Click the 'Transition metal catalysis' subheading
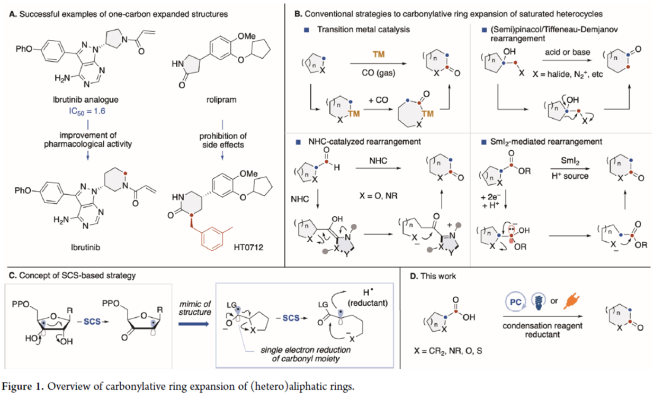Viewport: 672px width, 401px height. pos(363,30)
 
